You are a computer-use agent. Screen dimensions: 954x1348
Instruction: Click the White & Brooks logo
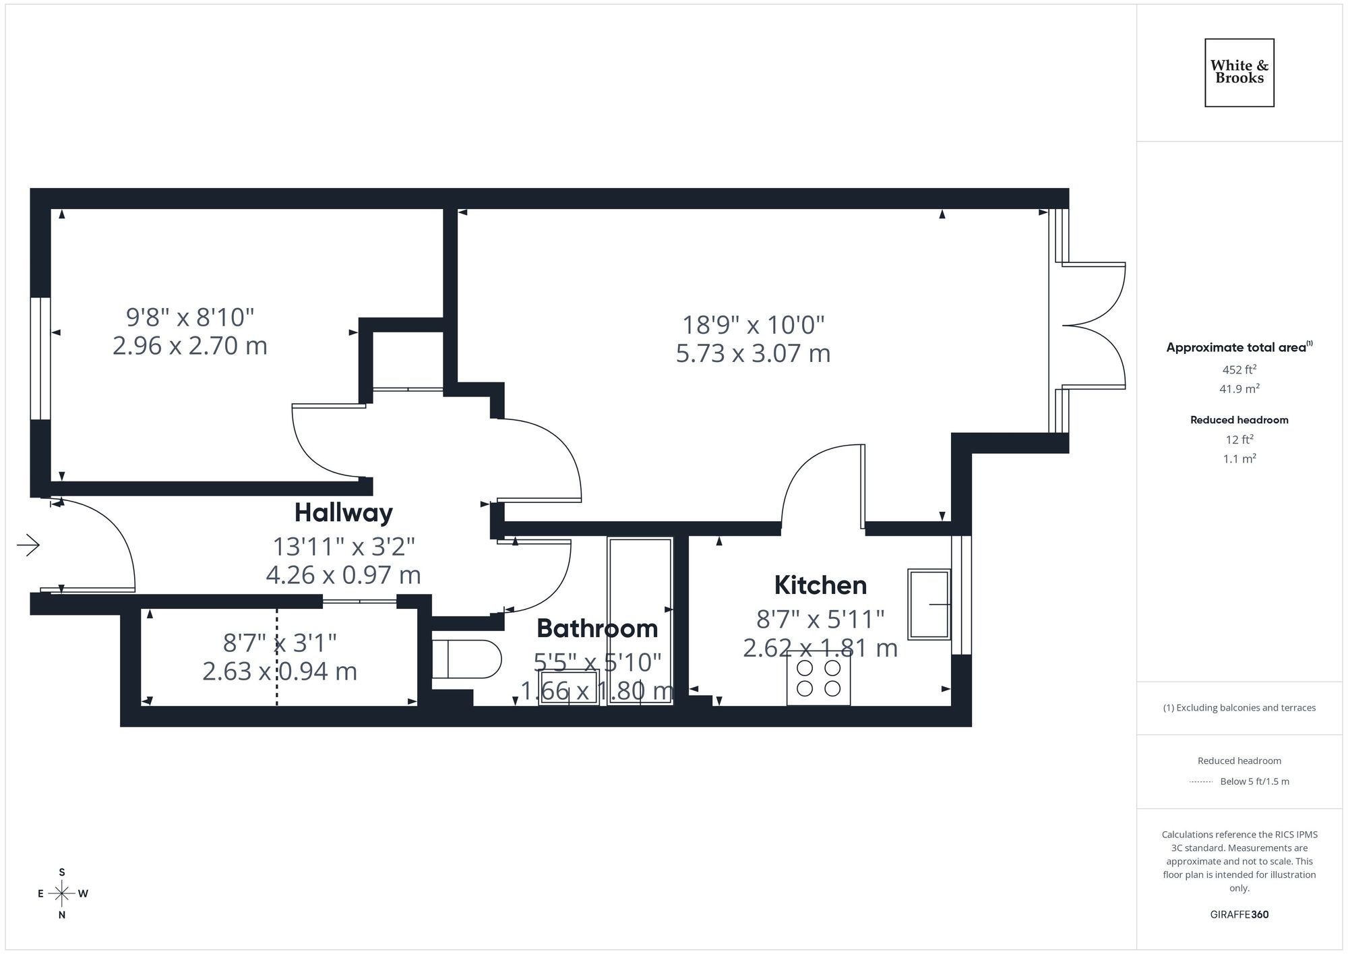(1239, 72)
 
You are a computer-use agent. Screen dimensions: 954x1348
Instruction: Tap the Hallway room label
(343, 513)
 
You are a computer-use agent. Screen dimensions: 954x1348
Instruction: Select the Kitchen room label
(820, 585)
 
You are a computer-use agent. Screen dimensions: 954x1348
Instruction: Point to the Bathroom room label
(597, 628)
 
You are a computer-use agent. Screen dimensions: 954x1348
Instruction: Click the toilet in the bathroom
(466, 659)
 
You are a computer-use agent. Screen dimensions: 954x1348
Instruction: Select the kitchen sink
(929, 604)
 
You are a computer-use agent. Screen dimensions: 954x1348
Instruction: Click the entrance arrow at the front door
(28, 545)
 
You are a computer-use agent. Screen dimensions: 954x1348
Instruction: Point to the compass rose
(62, 894)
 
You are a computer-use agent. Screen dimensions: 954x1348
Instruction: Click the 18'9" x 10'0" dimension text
(754, 325)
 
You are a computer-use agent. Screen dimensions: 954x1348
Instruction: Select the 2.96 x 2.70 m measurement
(190, 346)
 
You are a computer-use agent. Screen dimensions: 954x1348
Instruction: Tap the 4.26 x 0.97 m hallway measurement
(343, 575)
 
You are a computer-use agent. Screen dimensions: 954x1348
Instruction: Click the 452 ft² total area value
(1239, 369)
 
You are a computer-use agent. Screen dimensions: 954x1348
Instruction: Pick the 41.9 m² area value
(1239, 389)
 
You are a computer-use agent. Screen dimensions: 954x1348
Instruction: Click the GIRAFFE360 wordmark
(1239, 915)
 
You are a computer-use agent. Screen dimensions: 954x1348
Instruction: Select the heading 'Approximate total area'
(1236, 348)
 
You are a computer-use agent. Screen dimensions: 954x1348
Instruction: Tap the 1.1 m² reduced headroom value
(1239, 459)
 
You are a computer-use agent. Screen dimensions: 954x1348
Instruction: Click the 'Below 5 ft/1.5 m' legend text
(1254, 781)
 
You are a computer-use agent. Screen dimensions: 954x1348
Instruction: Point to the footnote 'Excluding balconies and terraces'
(1239, 708)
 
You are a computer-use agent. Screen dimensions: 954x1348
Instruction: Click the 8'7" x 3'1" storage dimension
(280, 643)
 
